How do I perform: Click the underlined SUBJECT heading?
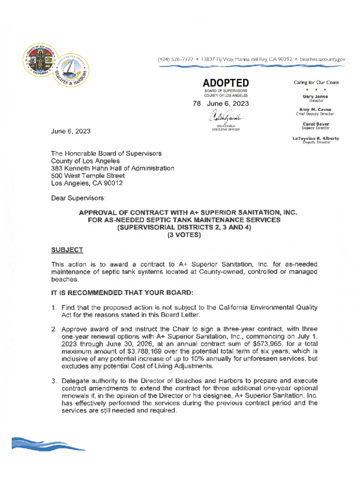[x=67, y=250]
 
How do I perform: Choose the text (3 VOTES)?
[x=184, y=235]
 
